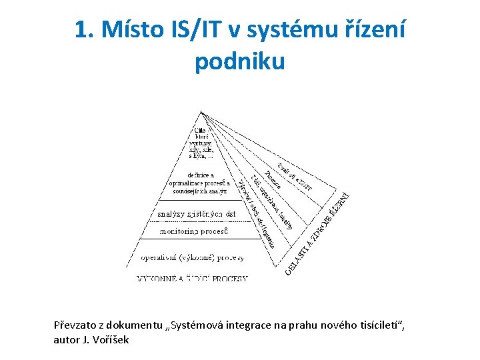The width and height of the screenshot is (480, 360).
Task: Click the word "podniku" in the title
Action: click(x=239, y=61)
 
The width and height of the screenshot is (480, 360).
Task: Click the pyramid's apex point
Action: click(x=201, y=112)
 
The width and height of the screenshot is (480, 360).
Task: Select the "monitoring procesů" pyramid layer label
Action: click(x=194, y=231)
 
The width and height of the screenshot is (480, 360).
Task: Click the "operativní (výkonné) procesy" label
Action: click(x=192, y=257)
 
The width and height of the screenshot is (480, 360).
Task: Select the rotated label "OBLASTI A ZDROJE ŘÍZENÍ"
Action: click(x=318, y=233)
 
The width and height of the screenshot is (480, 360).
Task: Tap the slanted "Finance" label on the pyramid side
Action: click(x=273, y=181)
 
